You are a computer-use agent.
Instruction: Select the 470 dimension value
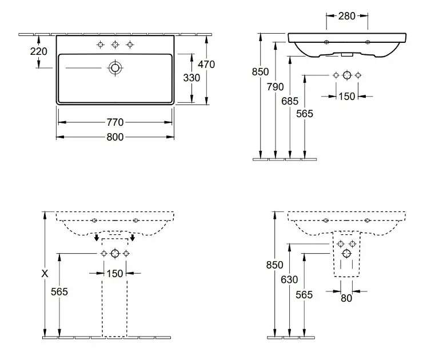tap(206, 65)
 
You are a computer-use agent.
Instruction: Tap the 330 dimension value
tap(191, 78)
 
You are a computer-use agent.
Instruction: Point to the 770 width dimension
tap(115, 122)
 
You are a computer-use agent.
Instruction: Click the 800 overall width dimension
tap(115, 137)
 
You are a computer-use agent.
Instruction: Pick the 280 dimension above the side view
tap(346, 15)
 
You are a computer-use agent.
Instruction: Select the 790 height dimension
tap(276, 87)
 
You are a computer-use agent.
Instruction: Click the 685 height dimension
tap(291, 101)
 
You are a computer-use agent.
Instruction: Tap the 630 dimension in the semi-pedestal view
tap(291, 280)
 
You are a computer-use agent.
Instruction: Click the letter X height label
tap(45, 274)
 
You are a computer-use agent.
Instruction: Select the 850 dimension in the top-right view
tap(260, 73)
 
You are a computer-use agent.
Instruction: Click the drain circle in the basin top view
tap(115, 68)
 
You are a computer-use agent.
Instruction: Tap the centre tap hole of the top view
tap(115, 45)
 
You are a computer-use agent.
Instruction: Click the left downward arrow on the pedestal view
tap(97, 237)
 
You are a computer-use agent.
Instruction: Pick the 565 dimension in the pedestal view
tap(60, 291)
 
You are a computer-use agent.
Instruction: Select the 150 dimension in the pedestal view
tap(115, 274)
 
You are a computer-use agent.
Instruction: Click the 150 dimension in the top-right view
tap(347, 96)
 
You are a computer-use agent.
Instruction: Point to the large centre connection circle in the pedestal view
tap(115, 253)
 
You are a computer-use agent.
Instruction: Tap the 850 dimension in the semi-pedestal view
tap(276, 265)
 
